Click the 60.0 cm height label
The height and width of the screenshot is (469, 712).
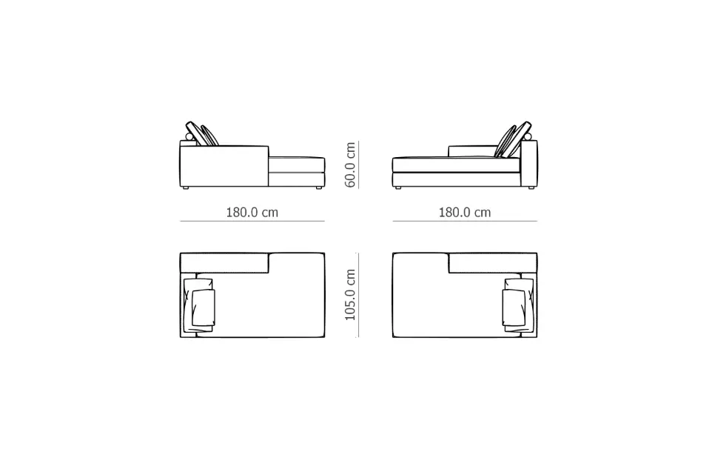point(350,164)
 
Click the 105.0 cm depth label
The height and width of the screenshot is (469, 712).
point(350,295)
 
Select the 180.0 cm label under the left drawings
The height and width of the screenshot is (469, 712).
point(252,212)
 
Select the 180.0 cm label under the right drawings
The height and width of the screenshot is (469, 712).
point(465,212)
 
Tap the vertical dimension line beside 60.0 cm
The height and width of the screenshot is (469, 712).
point(359,164)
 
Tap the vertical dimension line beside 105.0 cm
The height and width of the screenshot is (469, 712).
point(359,295)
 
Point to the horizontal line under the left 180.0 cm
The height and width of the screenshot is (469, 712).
point(252,222)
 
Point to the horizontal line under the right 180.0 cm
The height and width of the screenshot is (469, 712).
point(465,222)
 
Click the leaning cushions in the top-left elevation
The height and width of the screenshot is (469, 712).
point(202,133)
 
